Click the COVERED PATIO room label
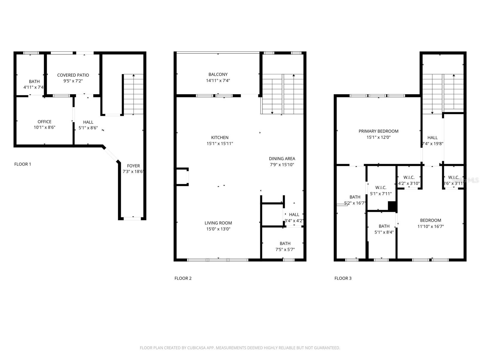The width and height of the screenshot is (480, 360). (73, 75)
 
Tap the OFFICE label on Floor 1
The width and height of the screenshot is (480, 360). (44, 121)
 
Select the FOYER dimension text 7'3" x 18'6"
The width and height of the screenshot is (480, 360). (133, 172)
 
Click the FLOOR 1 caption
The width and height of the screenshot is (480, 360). (22, 164)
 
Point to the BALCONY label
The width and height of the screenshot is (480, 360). (218, 74)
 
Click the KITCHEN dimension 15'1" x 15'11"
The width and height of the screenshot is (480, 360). (220, 143)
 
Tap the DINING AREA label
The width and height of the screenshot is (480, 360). (282, 158)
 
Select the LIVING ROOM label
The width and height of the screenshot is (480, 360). (218, 223)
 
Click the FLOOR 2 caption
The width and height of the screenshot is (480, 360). (183, 278)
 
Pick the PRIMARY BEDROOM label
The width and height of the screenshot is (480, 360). (378, 131)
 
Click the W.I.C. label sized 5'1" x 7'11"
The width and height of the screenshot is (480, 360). (381, 187)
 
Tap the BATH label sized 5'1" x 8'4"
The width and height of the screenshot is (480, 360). (384, 226)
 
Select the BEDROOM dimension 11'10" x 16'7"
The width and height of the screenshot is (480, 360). (430, 226)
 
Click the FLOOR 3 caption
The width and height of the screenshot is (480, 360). (343, 278)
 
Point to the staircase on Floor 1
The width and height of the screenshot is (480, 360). (133, 94)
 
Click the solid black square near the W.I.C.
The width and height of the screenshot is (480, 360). (392, 206)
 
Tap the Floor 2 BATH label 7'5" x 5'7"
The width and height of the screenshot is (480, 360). (285, 243)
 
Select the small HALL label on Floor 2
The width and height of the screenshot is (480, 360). (294, 214)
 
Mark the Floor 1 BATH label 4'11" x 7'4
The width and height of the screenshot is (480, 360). (34, 81)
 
